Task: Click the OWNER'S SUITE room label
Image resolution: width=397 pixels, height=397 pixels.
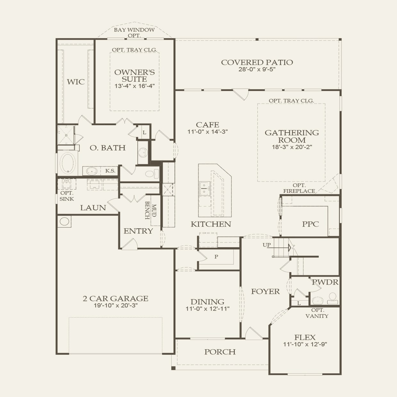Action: tap(134, 76)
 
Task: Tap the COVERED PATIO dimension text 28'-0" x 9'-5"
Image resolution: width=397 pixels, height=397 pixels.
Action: tap(257, 69)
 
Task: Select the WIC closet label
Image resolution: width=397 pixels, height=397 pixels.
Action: tap(76, 82)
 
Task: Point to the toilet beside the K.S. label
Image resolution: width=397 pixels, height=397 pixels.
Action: tap(151, 174)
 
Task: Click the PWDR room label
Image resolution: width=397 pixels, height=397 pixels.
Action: tap(325, 282)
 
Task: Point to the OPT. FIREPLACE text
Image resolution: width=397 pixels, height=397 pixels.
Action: tap(299, 188)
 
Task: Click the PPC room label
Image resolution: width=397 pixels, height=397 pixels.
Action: tap(310, 224)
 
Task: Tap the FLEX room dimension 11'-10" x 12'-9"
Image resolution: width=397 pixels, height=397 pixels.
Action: tap(305, 344)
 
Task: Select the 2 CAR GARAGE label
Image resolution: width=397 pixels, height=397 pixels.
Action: tap(116, 298)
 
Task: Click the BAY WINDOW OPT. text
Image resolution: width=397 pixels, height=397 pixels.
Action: tap(134, 33)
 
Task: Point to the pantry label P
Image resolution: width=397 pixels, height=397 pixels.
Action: tap(216, 256)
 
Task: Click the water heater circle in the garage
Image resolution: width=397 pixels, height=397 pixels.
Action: tap(65, 222)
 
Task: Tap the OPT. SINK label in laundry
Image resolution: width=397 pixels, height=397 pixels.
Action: tap(67, 196)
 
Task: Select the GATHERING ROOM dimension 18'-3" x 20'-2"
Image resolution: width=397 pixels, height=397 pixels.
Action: tap(291, 147)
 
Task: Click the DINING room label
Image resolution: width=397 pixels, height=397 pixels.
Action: tap(207, 302)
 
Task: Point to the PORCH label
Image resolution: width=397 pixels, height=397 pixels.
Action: tap(220, 352)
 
